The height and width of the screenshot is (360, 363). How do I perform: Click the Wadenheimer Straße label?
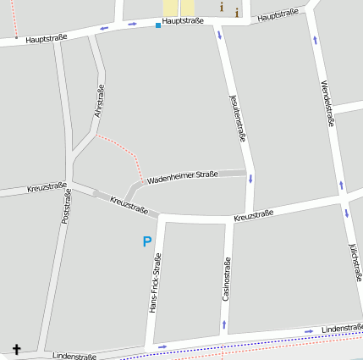(183, 177)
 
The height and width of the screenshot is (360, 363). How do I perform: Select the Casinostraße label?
(226, 280)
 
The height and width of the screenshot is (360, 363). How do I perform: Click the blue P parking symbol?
(146, 242)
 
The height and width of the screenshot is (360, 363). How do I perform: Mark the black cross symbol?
(14, 348)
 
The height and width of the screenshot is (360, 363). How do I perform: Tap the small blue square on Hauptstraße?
(157, 25)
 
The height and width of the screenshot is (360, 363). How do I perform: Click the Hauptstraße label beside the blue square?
(183, 20)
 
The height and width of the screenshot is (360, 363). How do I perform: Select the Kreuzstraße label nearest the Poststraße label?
(47, 186)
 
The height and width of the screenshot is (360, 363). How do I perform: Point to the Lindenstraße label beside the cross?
(74, 357)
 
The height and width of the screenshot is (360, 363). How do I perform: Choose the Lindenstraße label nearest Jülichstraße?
(342, 327)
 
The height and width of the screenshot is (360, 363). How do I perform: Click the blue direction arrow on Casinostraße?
(223, 324)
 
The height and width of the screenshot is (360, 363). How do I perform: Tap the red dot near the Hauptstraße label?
(16, 37)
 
